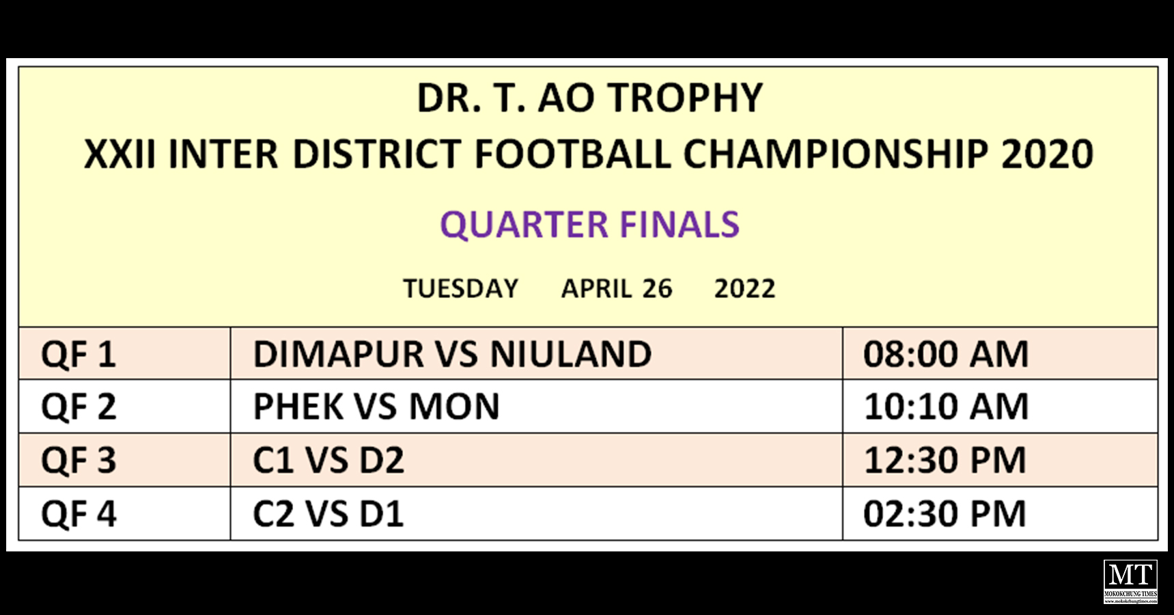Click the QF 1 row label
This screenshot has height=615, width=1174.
tap(79, 355)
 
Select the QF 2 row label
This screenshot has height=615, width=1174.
tap(79, 407)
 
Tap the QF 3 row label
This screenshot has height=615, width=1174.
tap(79, 461)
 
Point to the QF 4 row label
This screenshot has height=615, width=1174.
tap(79, 514)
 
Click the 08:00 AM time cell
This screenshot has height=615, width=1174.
tap(946, 355)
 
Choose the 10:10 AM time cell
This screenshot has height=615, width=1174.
tap(946, 407)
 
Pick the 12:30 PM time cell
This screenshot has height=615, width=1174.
tap(945, 461)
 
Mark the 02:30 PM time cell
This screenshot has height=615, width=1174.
tap(945, 514)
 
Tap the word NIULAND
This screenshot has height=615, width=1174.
tap(571, 355)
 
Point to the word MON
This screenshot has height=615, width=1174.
tap(454, 407)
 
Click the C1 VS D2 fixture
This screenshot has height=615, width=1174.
tap(329, 461)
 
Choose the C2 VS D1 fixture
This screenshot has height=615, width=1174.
tap(329, 514)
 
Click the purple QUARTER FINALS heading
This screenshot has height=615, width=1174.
tap(590, 225)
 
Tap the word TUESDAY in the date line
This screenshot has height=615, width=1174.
tap(461, 288)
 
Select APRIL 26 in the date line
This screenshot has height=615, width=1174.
tap(617, 288)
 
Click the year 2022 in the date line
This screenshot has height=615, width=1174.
tap(745, 288)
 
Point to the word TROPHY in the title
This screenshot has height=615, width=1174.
tap(685, 98)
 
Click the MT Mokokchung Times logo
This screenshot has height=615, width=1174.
tap(1131, 582)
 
